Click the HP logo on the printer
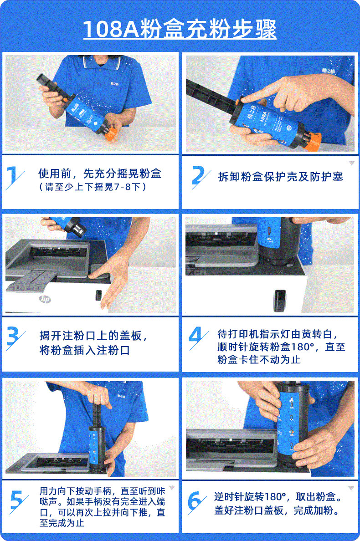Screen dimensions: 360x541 coord(45,299)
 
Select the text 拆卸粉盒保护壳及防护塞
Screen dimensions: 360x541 coord(280,177)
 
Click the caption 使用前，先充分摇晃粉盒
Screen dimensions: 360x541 coord(100,174)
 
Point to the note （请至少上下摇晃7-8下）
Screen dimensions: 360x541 coord(93,187)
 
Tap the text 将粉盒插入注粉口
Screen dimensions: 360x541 coord(85,350)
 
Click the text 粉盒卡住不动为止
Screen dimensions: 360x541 coord(259,359)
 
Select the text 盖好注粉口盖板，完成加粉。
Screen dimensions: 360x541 coord(276,510)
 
